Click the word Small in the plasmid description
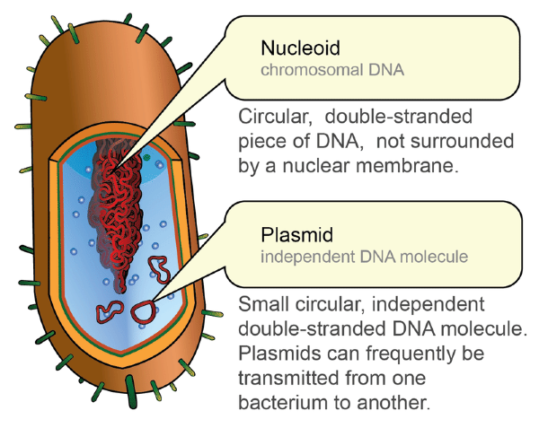click(262, 303)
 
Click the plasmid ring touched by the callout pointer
click(143, 310)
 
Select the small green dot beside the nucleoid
click(145, 159)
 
